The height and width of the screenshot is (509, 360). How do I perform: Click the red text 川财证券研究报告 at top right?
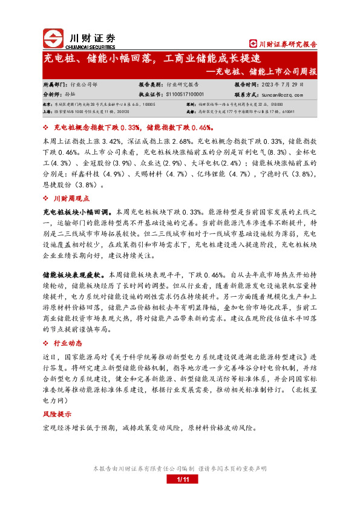[x=284, y=44]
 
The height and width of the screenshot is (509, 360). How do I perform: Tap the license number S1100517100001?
[x=185, y=95]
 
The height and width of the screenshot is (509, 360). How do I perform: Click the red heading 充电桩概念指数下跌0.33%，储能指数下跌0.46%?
[x=132, y=128]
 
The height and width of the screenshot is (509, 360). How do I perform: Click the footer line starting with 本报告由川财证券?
[x=180, y=468]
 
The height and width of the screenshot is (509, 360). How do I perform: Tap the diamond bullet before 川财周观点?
[x=47, y=198]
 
